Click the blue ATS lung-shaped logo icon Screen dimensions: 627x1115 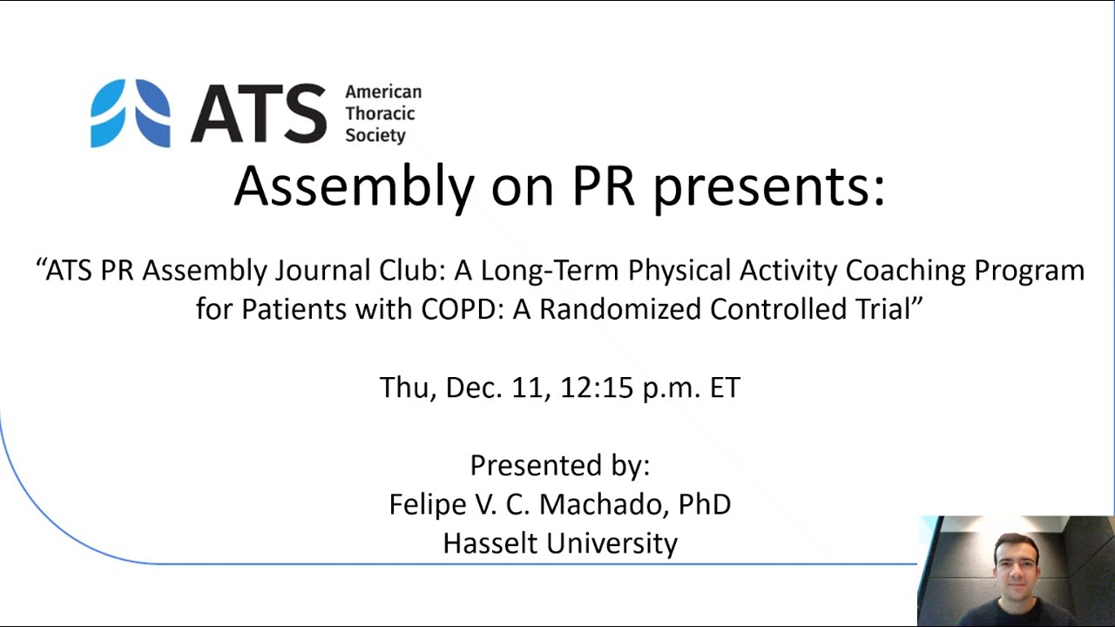click(x=131, y=113)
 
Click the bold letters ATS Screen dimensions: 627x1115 click(x=259, y=113)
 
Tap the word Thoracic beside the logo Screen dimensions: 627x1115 click(x=380, y=113)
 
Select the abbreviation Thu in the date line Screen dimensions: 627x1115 click(x=406, y=388)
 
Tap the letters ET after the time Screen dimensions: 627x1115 click(x=725, y=388)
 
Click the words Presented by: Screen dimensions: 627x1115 click(x=559, y=465)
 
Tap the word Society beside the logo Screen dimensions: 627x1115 click(x=375, y=136)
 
